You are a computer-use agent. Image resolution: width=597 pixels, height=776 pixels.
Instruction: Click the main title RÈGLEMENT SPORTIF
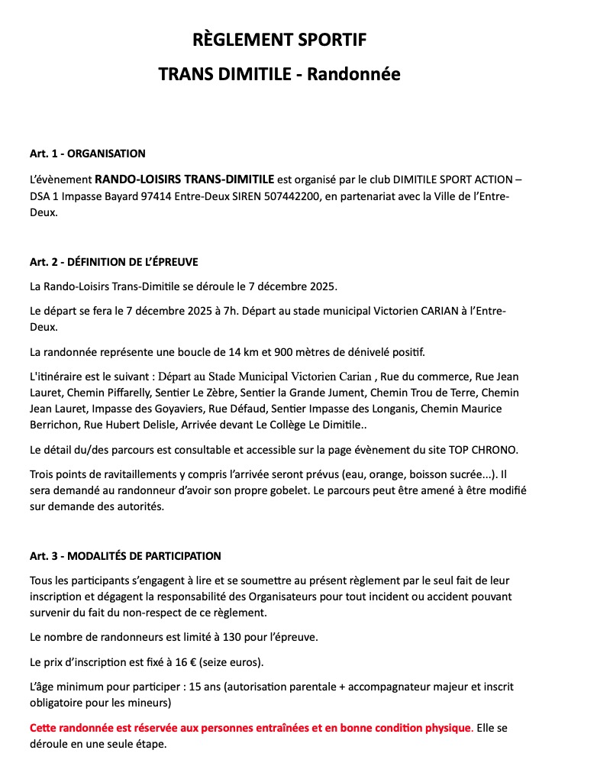coord(279,40)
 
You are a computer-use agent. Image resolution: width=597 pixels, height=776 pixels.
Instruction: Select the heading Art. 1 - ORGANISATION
coord(88,154)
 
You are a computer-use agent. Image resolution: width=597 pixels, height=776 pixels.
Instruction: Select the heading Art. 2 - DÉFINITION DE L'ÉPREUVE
coord(114,262)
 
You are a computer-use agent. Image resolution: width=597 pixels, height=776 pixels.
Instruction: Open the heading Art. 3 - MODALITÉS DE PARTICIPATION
coord(125,555)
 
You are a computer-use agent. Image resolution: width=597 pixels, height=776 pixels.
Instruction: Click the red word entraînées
coord(280,727)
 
